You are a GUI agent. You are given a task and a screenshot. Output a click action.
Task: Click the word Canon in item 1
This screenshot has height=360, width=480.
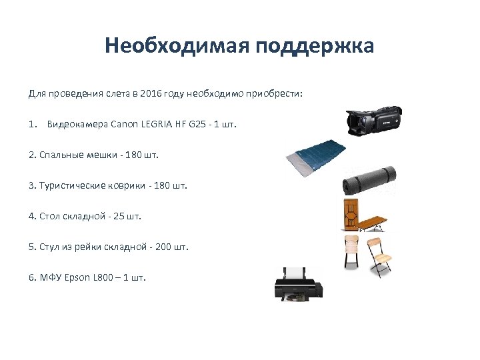click(x=124, y=125)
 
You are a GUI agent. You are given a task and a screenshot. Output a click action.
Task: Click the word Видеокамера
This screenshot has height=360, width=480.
click(x=78, y=125)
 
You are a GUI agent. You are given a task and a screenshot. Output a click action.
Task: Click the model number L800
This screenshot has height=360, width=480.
click(x=104, y=278)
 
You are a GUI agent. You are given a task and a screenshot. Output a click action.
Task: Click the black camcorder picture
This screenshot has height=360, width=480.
click(x=373, y=121)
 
